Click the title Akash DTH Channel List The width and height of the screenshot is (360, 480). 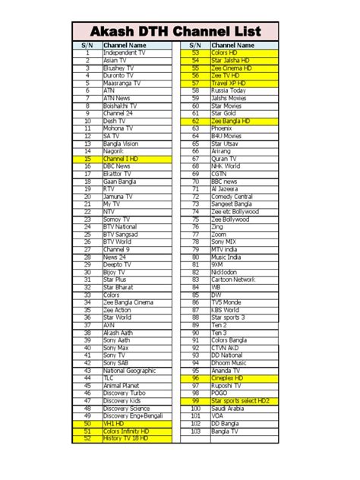click(180, 32)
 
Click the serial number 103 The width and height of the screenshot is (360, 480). click(195, 431)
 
